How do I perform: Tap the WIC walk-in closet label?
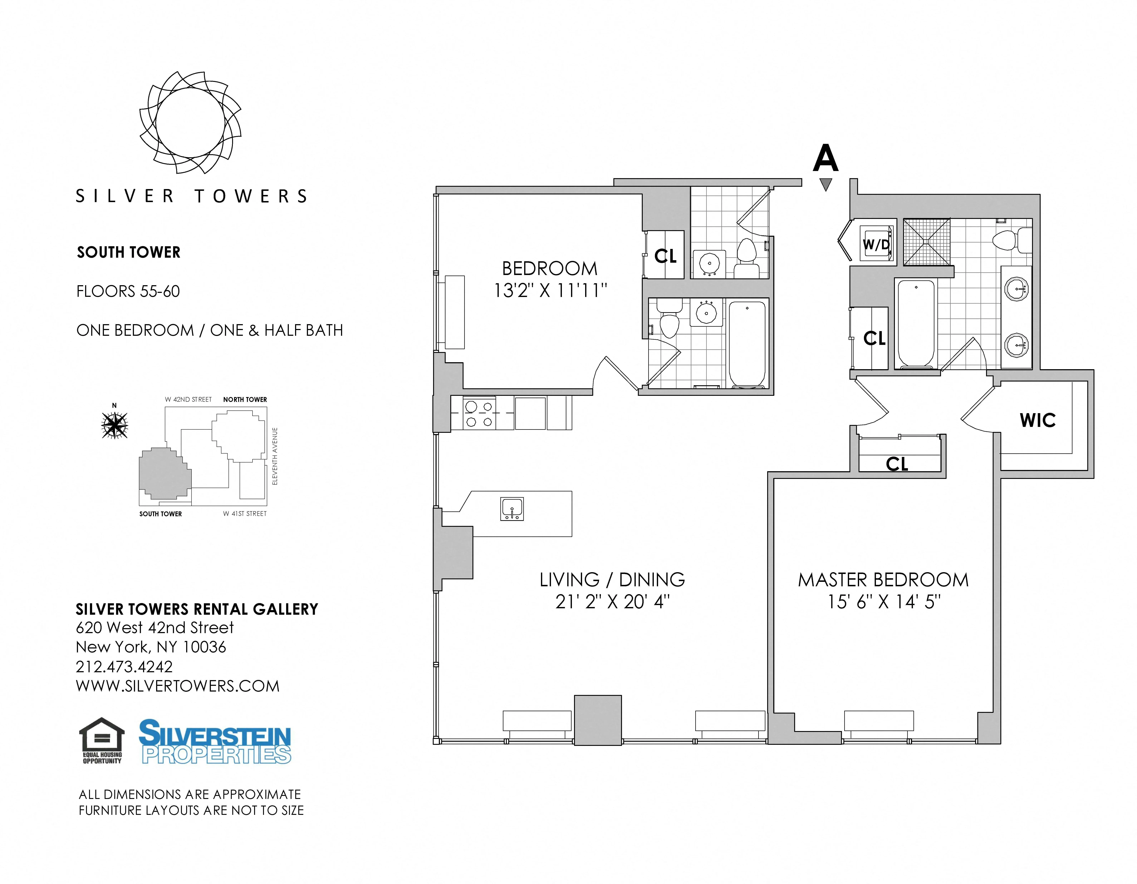pyautogui.click(x=1038, y=420)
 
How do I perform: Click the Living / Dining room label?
pyautogui.click(x=612, y=580)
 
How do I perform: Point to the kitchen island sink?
pyautogui.click(x=512, y=509)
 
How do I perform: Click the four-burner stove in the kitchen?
pyautogui.click(x=479, y=414)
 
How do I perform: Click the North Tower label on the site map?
pyautogui.click(x=245, y=400)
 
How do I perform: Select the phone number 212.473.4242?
pyautogui.click(x=124, y=667)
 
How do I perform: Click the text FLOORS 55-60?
pyautogui.click(x=128, y=291)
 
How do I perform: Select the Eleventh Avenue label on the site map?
pyautogui.click(x=275, y=456)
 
